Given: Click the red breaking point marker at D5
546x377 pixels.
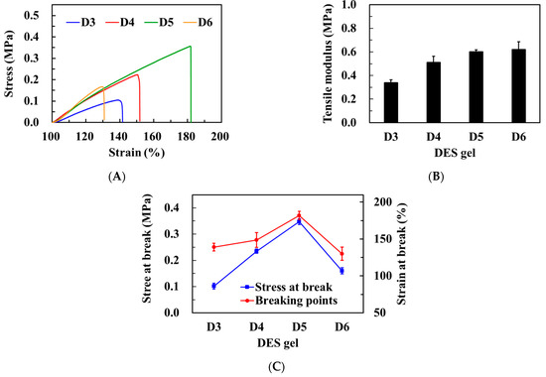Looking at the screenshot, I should coord(299,215).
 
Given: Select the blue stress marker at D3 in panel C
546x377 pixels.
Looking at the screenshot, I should coord(213,286).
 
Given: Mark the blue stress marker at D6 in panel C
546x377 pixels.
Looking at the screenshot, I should coord(341,270).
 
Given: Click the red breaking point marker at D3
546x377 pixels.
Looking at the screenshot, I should coord(213,247).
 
